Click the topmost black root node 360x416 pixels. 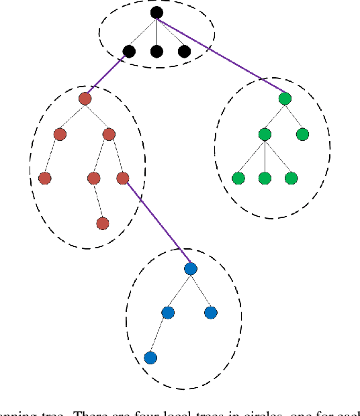click(x=156, y=12)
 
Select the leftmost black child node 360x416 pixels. click(x=129, y=51)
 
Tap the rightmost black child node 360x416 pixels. click(x=184, y=51)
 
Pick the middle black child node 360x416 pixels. click(x=156, y=51)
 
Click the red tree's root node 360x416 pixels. click(x=85, y=99)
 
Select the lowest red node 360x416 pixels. click(x=102, y=223)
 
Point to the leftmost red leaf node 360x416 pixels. click(x=44, y=178)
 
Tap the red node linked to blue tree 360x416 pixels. click(x=122, y=178)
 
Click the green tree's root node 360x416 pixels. click(x=285, y=99)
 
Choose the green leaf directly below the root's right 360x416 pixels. click(x=302, y=134)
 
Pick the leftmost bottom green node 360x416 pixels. click(x=238, y=178)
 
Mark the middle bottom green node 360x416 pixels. click(x=265, y=178)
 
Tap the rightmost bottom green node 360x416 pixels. click(x=291, y=178)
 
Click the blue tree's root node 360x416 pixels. click(x=190, y=268)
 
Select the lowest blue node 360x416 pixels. click(x=150, y=358)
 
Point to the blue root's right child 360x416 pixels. click(x=211, y=313)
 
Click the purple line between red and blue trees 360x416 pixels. click(x=156, y=223)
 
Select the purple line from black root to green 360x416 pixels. click(x=222, y=56)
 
